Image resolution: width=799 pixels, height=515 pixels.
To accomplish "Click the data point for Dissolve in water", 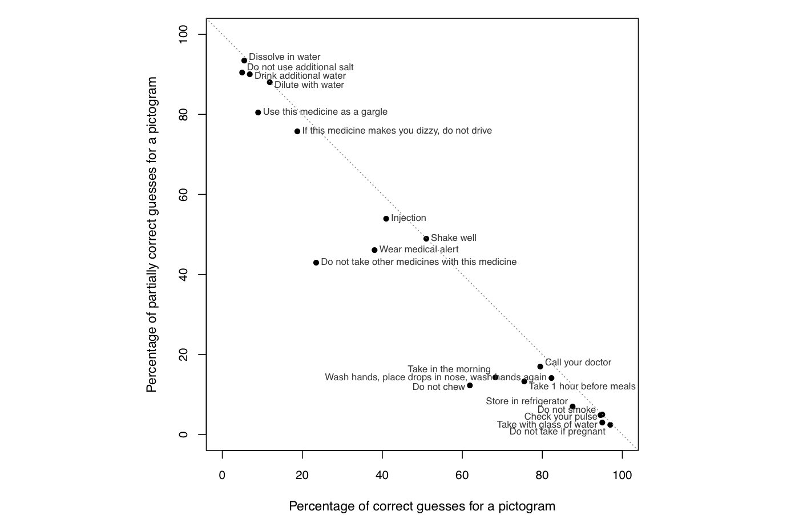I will click(x=244, y=61).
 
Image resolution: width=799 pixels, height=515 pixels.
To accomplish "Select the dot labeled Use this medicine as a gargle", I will click(x=258, y=112).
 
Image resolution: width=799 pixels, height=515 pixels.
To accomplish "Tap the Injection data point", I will click(x=386, y=219).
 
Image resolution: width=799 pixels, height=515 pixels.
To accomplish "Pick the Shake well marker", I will click(x=426, y=239).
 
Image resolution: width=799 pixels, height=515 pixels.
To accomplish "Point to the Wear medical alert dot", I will click(x=374, y=250).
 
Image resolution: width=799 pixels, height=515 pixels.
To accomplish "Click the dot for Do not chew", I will click(x=470, y=385).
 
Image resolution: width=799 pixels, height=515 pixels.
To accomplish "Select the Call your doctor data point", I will click(x=540, y=367).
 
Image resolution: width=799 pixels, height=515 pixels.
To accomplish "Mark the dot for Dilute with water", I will click(x=270, y=82).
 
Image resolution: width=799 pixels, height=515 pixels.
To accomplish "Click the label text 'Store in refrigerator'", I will click(x=527, y=401).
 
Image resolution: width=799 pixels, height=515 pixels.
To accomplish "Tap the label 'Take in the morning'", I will click(x=449, y=369).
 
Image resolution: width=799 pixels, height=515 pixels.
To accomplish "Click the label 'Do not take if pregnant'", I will click(x=557, y=432).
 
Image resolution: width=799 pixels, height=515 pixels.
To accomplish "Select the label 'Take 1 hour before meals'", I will click(x=582, y=387).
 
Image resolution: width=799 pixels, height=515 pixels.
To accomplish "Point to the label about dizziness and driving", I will click(x=397, y=131).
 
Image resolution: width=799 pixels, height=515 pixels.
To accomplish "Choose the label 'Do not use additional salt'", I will click(x=300, y=67).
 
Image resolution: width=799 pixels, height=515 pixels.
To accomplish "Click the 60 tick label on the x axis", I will click(x=462, y=475).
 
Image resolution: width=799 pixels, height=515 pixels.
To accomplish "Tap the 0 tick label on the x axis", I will click(x=223, y=475).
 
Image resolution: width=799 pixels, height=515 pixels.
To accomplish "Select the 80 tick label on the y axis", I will click(x=183, y=115).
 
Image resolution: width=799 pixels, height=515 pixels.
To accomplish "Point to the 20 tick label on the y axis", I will click(x=183, y=355).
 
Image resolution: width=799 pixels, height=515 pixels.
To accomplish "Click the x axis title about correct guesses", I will click(x=422, y=506).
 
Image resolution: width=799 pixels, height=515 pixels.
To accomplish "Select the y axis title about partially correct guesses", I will click(x=151, y=235).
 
